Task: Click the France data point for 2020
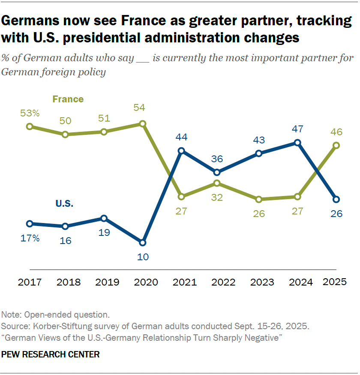pyautogui.click(x=143, y=124)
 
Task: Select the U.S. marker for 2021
pyautogui.click(x=181, y=151)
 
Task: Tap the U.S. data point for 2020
pyautogui.click(x=143, y=242)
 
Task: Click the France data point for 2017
pyautogui.click(x=29, y=126)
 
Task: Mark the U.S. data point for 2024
pyautogui.click(x=298, y=143)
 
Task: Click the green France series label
pyautogui.click(x=68, y=99)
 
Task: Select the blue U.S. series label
pyautogui.click(x=64, y=204)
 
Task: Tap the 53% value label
pyautogui.click(x=30, y=113)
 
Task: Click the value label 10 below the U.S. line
pyautogui.click(x=143, y=257)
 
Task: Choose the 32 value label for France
pyautogui.click(x=218, y=198)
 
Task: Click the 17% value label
pyautogui.click(x=30, y=238)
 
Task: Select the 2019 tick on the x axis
pyautogui.click(x=104, y=283)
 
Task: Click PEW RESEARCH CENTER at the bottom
pyautogui.click(x=51, y=354)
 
